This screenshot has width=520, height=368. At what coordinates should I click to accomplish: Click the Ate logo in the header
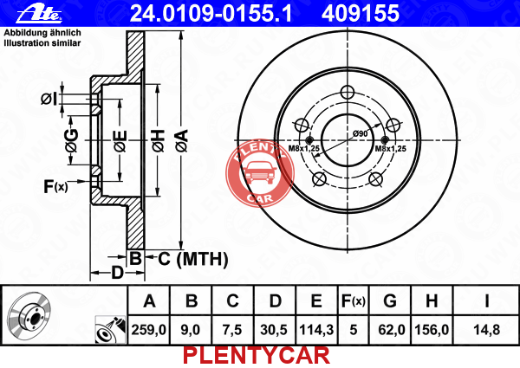39,14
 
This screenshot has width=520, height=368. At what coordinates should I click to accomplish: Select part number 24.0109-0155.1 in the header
211,14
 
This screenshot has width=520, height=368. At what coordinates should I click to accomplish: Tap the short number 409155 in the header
361,14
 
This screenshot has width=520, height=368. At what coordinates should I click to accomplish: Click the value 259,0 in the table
148,330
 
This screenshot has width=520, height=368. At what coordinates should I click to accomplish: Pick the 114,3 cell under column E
316,330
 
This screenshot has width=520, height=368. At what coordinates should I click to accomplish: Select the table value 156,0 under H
432,330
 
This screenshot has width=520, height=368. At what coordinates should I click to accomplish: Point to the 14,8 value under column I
486,330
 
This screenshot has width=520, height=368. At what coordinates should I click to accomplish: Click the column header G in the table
390,300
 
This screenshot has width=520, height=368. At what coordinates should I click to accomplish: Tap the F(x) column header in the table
354,301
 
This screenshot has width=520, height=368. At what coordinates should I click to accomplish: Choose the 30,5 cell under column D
274,330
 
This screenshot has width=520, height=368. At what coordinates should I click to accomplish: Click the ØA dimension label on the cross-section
182,140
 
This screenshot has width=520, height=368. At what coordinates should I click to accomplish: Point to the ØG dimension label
72,140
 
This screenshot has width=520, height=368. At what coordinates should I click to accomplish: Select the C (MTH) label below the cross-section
193,259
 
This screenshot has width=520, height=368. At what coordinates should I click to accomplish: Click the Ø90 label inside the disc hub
361,133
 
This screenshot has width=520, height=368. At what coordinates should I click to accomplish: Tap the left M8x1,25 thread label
304,148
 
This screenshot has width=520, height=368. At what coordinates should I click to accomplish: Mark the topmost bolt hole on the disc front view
348,92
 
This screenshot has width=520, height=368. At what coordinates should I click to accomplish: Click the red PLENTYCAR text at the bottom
257,356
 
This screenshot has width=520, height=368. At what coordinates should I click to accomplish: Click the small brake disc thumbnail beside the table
29,316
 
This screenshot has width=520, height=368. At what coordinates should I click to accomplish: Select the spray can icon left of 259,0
110,330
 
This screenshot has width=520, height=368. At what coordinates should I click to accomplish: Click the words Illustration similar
42,43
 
